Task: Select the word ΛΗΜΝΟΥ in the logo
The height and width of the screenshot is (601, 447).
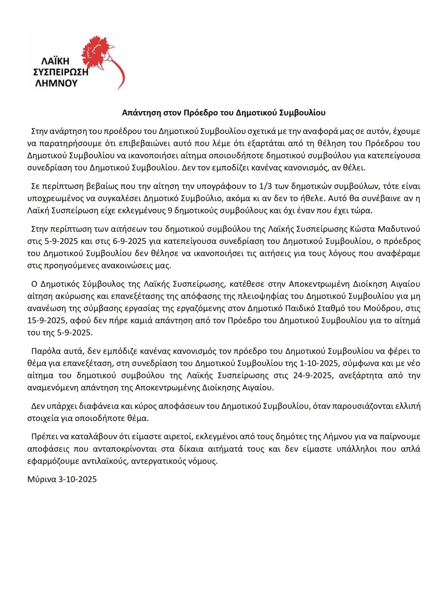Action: pos(56,83)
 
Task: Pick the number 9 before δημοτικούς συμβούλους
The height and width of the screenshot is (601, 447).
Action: pos(170,210)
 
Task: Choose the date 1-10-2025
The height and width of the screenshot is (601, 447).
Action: pos(309,363)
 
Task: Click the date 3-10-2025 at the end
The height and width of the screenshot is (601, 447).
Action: pos(77,479)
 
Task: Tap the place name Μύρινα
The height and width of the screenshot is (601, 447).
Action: pos(42,479)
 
